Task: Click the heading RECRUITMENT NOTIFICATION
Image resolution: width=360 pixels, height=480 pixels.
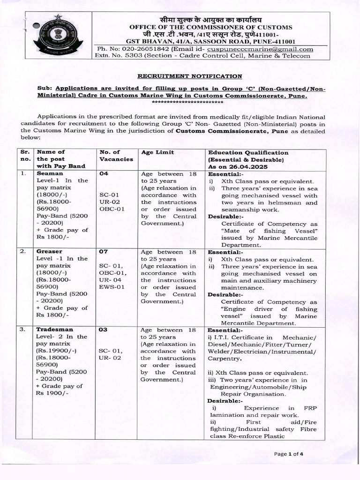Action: pyautogui.click(x=189, y=76)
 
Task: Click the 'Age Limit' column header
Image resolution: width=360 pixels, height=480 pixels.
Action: pyautogui.click(x=157, y=152)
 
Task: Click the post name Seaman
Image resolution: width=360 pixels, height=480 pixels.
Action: pyautogui.click(x=49, y=173)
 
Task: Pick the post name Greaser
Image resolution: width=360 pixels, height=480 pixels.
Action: pyautogui.click(x=49, y=251)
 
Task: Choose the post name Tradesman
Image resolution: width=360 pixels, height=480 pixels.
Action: pyautogui.click(x=52, y=329)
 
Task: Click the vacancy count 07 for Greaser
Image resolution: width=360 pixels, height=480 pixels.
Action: pyautogui.click(x=104, y=251)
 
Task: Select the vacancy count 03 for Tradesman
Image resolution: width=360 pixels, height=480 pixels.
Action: pyautogui.click(x=104, y=329)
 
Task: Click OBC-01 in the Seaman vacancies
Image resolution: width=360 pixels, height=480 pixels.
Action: pyautogui.click(x=112, y=209)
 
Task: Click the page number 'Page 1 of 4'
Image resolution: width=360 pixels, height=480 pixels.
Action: pyautogui.click(x=289, y=454)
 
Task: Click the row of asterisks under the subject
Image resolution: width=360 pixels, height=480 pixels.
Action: pyautogui.click(x=189, y=102)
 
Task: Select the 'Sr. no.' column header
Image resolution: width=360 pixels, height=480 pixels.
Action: pyautogui.click(x=25, y=156)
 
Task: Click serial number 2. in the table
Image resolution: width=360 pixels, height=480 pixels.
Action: pyautogui.click(x=23, y=251)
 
